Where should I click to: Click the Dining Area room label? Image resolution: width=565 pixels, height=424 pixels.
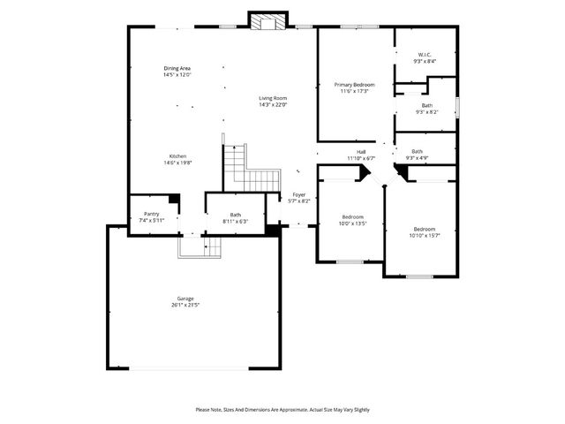click(x=177, y=68)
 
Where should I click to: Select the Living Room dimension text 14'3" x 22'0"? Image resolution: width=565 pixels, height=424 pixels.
click(x=274, y=105)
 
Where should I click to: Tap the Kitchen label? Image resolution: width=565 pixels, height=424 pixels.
click(x=177, y=155)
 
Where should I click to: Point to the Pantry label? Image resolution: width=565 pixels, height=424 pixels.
click(x=151, y=214)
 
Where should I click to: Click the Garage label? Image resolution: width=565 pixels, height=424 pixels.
click(x=185, y=299)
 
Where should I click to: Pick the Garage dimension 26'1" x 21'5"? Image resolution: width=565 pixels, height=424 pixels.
click(x=185, y=306)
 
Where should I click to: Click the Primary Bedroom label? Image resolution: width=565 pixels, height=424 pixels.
click(x=353, y=85)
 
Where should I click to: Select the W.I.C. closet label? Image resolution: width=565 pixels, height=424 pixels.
click(x=425, y=55)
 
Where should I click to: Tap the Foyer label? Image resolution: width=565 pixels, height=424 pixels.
click(x=299, y=194)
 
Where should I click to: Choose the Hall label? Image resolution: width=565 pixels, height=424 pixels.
click(x=361, y=152)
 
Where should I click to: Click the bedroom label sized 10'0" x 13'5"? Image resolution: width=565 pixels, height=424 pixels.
click(x=352, y=216)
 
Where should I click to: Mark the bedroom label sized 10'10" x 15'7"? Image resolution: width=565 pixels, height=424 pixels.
click(x=425, y=228)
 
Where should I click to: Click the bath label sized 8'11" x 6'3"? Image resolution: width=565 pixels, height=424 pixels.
click(x=236, y=214)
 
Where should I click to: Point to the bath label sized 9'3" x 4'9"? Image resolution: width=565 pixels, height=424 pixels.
click(x=417, y=151)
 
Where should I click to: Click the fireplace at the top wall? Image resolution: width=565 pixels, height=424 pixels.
click(x=267, y=21)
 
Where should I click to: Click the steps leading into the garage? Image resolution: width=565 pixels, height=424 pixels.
click(x=199, y=246)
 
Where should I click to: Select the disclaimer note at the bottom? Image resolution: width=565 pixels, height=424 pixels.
click(x=282, y=410)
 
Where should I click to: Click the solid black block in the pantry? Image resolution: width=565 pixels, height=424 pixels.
click(x=174, y=201)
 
